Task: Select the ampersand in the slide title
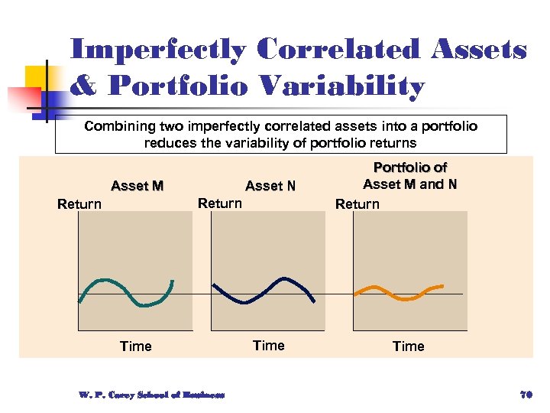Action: (x=83, y=86)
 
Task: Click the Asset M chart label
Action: (x=137, y=186)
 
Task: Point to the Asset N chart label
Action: (x=270, y=186)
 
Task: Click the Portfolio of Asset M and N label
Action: (x=409, y=176)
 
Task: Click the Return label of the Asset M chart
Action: (x=79, y=204)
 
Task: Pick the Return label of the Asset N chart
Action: (x=219, y=203)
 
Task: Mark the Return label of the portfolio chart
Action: (x=357, y=204)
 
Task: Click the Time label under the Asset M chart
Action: (x=136, y=346)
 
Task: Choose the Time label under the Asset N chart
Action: (x=268, y=346)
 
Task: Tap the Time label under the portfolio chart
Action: (x=408, y=346)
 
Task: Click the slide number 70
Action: (x=525, y=395)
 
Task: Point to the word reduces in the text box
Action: (x=167, y=143)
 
